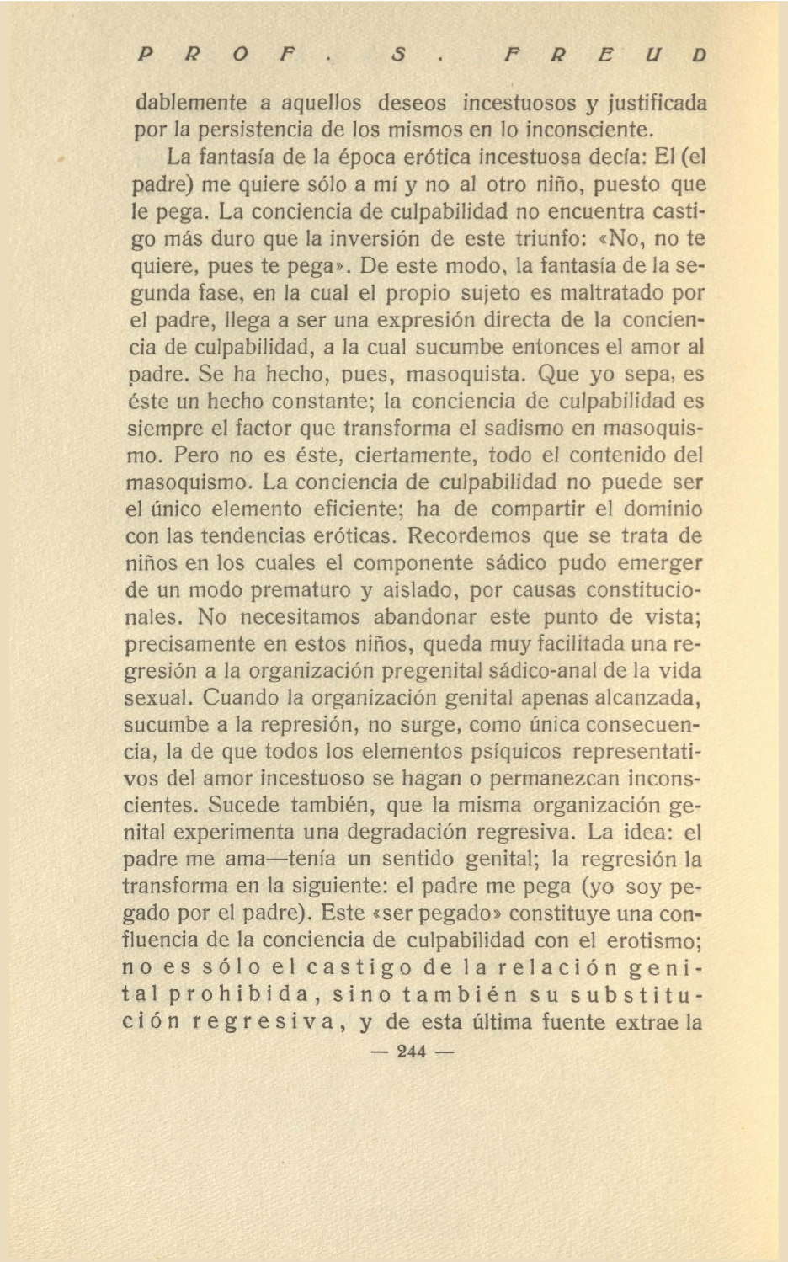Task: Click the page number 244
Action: (412, 1052)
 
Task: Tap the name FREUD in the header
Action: (604, 56)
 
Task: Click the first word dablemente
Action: (191, 104)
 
